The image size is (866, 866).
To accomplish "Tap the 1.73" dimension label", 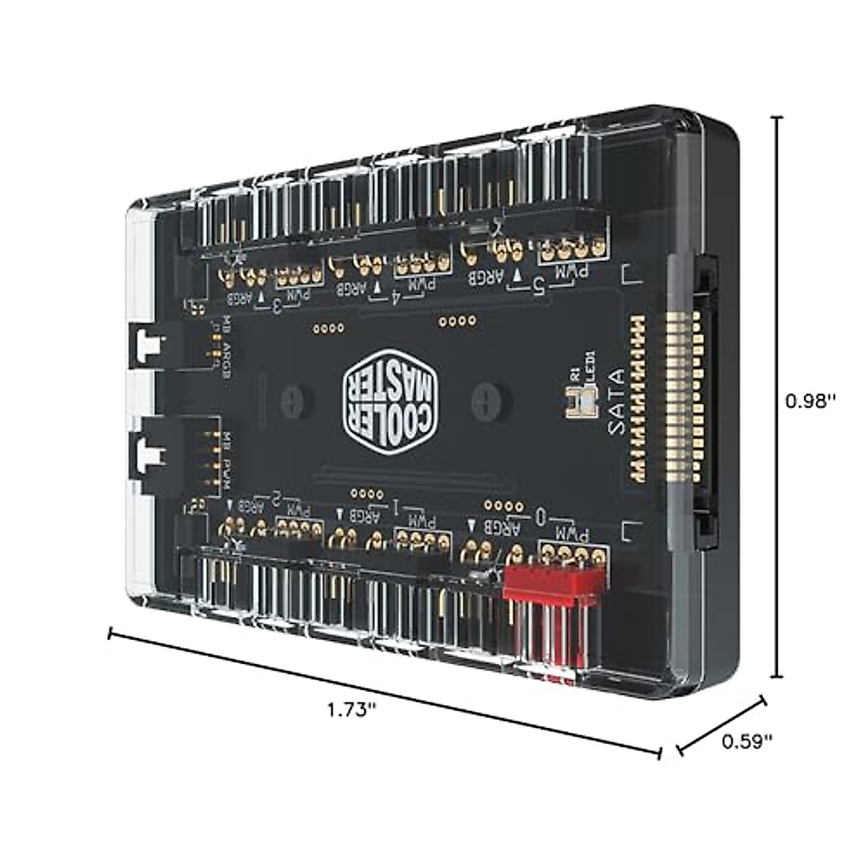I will pos(352,708).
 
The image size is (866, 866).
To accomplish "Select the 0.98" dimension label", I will pos(810,401).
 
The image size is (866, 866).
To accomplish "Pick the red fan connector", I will pos(554,583).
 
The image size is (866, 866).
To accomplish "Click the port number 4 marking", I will pos(395,297).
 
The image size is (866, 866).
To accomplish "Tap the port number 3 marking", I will pos(277,305).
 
